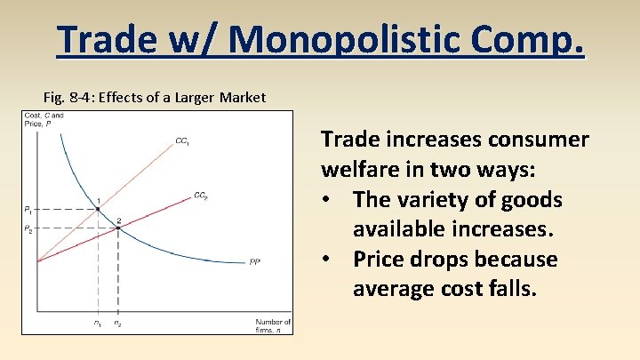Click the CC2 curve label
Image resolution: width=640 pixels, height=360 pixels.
pos(201,196)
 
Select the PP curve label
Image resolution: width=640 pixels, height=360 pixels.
pos(256,261)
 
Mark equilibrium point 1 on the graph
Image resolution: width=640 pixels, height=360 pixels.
pos(98,209)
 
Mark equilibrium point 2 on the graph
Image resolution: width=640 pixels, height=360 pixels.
pos(118,228)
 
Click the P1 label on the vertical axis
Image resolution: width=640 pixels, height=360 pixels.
pos(28,210)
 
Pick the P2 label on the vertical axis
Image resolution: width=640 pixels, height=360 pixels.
pos(28,228)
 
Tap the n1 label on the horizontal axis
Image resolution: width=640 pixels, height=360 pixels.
pos(97,323)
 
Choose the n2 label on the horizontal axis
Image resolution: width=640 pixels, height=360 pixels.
pos(118,323)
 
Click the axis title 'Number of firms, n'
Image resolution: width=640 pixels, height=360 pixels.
pos(273,324)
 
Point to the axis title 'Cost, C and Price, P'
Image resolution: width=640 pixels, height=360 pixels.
pos(43,120)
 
